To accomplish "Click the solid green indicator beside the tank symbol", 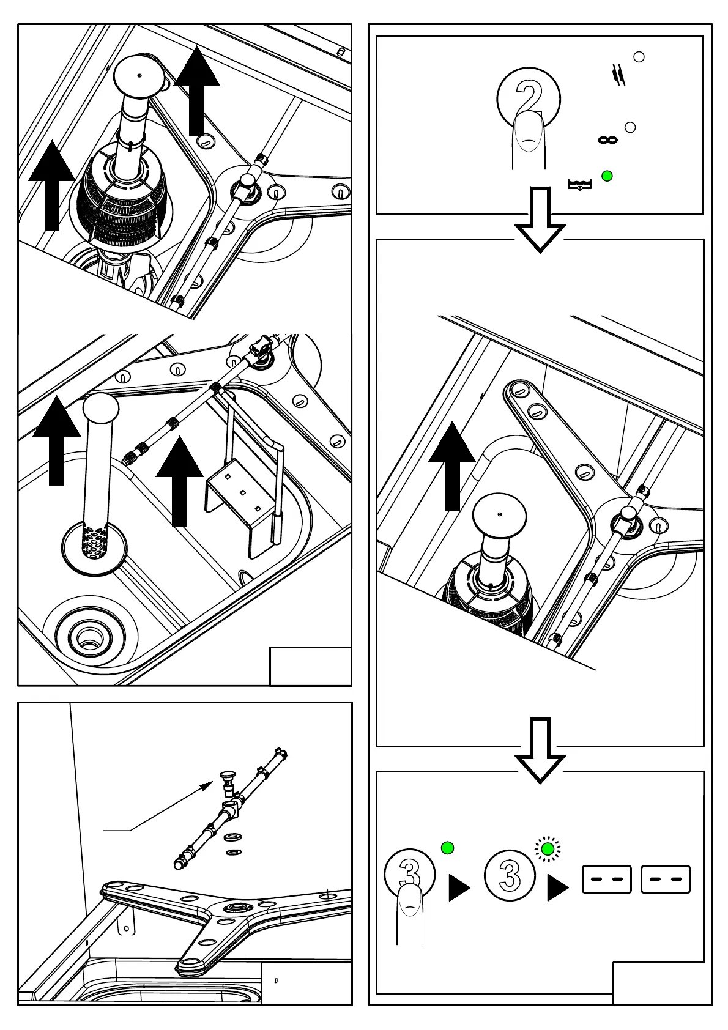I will (x=607, y=176).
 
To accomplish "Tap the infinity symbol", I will (x=607, y=140).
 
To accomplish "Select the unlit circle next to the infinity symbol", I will (x=630, y=127).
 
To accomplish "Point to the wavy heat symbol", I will (x=619, y=75).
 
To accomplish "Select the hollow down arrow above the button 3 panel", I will (x=540, y=750).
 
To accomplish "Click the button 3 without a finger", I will (x=510, y=875).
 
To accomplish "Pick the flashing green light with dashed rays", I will (x=548, y=849).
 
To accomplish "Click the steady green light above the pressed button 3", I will (x=447, y=848).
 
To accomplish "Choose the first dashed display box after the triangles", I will (x=606, y=880).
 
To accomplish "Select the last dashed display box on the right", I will (x=665, y=880).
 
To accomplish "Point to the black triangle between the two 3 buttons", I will (x=458, y=887).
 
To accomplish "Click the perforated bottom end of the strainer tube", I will (x=95, y=542).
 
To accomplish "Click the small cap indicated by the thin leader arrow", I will (x=226, y=780).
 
